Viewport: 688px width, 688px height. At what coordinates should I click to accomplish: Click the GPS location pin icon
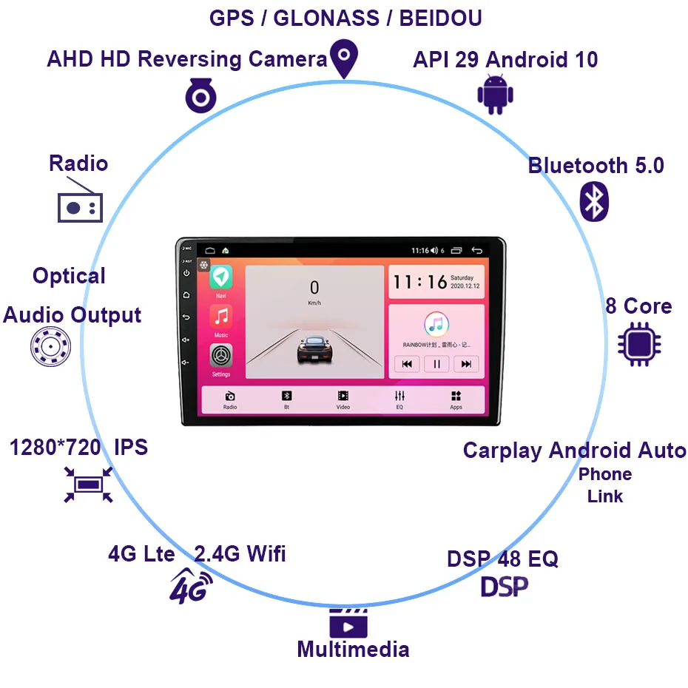[344, 58]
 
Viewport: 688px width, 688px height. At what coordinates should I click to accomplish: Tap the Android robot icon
[495, 95]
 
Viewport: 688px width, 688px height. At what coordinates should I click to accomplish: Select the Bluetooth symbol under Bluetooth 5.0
[594, 200]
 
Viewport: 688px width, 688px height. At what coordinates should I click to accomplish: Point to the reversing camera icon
[200, 96]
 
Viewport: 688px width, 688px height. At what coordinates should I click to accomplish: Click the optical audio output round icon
[51, 346]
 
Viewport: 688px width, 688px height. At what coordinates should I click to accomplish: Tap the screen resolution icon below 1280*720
[88, 485]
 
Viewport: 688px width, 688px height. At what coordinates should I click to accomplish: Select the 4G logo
[190, 587]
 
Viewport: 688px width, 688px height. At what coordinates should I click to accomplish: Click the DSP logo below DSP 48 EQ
[505, 587]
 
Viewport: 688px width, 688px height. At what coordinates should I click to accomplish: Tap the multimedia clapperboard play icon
[348, 623]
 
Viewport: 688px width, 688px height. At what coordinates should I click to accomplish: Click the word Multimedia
[353, 650]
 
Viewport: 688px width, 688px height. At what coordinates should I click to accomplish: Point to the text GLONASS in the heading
[327, 18]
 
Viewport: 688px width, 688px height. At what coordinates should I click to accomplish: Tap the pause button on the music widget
[436, 363]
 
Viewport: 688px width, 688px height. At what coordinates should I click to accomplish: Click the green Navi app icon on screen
[220, 277]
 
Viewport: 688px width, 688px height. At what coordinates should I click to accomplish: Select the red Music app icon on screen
[220, 317]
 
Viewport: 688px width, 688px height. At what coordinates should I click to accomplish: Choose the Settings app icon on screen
[220, 356]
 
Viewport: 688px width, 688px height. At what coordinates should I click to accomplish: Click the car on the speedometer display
[314, 349]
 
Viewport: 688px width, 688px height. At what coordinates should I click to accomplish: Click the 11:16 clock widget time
[420, 282]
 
